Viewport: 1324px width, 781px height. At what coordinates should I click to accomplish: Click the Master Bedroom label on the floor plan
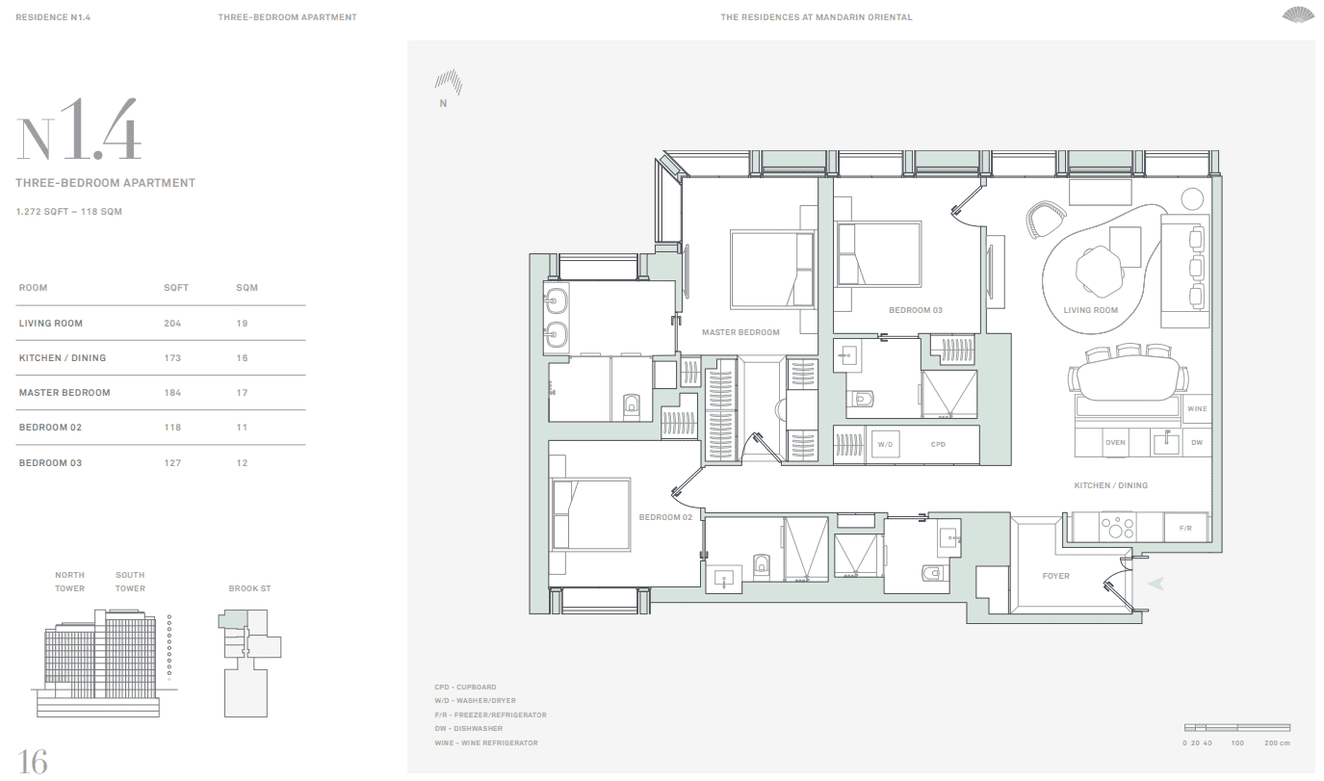(x=740, y=332)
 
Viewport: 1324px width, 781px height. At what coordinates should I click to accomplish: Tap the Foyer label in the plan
(x=1055, y=576)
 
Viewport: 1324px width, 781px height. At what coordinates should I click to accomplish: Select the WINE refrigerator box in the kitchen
(x=1197, y=408)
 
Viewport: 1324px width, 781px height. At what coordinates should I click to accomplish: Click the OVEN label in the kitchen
(x=1115, y=442)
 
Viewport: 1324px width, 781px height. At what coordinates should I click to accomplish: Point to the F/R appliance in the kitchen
(x=1185, y=528)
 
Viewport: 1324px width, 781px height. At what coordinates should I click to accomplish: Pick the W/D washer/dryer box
(x=886, y=445)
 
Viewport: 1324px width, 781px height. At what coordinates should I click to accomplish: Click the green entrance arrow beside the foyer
(x=1156, y=585)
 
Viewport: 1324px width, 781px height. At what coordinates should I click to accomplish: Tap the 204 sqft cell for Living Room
(x=172, y=324)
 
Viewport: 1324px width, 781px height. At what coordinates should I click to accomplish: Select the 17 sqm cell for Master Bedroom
(x=242, y=393)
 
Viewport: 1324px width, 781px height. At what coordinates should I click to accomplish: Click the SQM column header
(x=247, y=288)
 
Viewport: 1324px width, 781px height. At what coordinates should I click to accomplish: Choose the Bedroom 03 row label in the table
(x=50, y=463)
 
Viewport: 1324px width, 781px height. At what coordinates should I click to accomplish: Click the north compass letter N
(x=443, y=103)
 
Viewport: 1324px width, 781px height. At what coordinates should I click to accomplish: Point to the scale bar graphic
(x=1237, y=728)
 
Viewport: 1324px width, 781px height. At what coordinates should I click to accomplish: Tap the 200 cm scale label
(x=1277, y=743)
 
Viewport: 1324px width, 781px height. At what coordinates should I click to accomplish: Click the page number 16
(x=32, y=762)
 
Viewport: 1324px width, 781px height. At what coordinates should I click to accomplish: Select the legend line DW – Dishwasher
(x=469, y=729)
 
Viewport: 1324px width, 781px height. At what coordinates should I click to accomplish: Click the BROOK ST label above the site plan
(x=249, y=588)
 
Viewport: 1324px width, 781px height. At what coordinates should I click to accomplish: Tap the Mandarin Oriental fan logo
(x=1297, y=15)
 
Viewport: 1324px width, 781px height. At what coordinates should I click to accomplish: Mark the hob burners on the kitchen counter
(x=1117, y=527)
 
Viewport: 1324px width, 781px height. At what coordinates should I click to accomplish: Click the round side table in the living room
(x=1192, y=198)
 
